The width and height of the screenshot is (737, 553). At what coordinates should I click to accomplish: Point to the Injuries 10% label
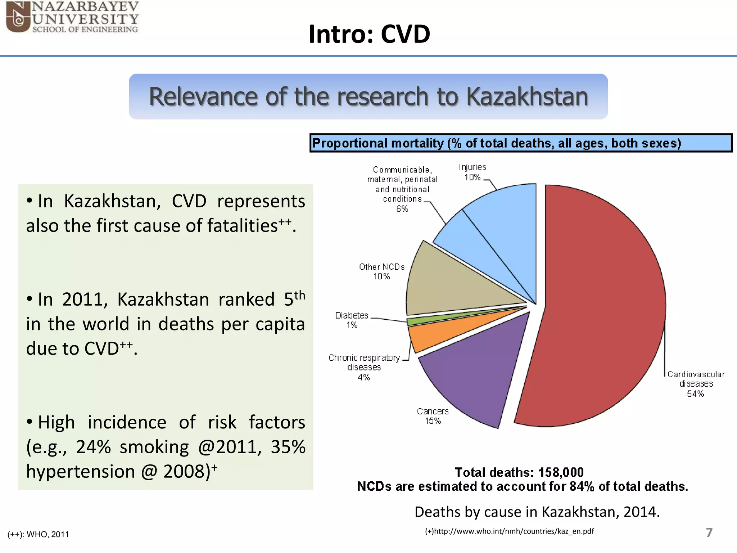tap(472, 172)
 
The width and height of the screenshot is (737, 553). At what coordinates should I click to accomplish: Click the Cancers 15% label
tap(433, 416)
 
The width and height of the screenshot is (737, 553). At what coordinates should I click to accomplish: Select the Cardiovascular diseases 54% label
tap(696, 384)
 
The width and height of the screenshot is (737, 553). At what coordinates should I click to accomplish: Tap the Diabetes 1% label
tap(352, 320)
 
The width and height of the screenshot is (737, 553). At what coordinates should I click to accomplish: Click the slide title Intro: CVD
tap(369, 34)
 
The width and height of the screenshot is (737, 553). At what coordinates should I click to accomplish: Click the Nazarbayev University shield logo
tap(18, 17)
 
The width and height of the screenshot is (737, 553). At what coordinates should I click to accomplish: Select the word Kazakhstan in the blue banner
tap(527, 97)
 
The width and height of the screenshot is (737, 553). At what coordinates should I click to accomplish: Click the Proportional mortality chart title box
tap(520, 143)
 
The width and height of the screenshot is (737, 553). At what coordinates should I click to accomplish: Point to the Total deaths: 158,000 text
tap(519, 472)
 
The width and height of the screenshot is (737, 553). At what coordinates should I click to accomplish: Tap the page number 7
tap(709, 532)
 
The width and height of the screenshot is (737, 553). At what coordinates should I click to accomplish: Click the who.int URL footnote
tap(509, 531)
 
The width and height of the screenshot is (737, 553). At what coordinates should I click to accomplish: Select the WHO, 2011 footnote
tap(39, 534)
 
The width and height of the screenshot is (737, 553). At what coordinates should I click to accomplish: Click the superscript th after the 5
tap(300, 295)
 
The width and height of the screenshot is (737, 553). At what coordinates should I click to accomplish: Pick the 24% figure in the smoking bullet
tap(93, 447)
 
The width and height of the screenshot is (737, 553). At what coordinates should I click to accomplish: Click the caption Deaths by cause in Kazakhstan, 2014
tap(537, 512)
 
